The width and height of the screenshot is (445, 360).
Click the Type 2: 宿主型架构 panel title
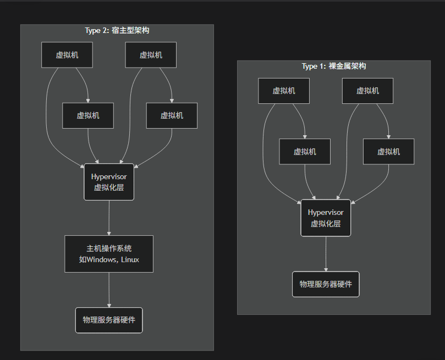[117, 31]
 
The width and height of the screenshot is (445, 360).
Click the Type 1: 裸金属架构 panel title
[333, 67]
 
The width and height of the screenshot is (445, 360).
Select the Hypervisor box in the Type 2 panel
[109, 182]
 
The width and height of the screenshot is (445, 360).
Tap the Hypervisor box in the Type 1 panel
[326, 218]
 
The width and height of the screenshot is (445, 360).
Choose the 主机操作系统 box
[109, 254]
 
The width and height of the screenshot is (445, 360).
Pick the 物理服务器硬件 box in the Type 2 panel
[109, 320]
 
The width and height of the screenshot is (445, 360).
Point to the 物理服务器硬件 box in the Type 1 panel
[326, 284]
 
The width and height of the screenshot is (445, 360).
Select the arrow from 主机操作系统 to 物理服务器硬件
[109, 289]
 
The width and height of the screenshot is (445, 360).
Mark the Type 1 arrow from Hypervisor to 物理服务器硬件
[326, 253]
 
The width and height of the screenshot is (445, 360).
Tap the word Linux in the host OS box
[130, 259]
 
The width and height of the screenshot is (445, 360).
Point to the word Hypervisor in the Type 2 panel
[109, 176]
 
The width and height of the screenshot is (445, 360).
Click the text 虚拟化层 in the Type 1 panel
[326, 224]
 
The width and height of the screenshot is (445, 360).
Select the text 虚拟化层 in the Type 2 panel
[109, 188]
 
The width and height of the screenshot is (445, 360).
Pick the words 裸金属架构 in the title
[351, 67]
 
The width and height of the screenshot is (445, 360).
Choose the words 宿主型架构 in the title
[134, 31]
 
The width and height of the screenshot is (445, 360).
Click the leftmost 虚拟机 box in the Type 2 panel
[67, 55]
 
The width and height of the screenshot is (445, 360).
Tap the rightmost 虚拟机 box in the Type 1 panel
[388, 152]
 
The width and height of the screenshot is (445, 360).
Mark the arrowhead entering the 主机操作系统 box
[109, 233]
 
